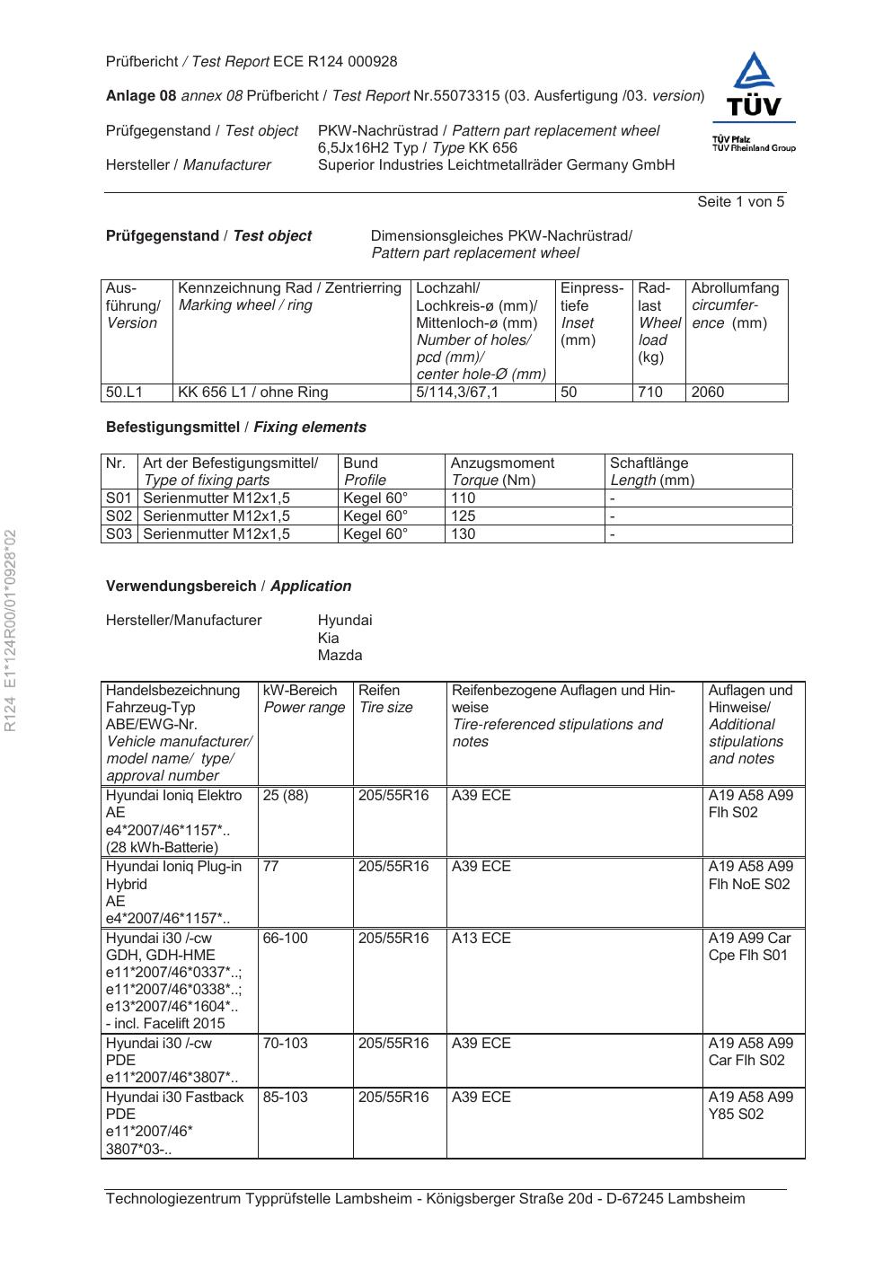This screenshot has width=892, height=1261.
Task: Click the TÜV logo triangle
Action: click(754, 72)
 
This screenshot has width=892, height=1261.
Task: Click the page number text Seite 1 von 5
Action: click(740, 202)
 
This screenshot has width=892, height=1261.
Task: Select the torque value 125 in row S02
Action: click(464, 516)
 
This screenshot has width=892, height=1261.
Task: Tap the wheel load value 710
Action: click(649, 392)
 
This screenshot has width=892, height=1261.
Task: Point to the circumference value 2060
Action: click(707, 392)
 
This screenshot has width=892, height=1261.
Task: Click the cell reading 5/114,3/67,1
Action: click(457, 392)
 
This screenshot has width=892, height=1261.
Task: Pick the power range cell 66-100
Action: click(286, 939)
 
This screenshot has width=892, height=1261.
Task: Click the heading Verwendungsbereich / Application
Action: click(228, 586)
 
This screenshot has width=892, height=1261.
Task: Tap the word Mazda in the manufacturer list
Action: click(340, 656)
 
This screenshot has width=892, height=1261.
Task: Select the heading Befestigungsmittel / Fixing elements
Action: click(236, 428)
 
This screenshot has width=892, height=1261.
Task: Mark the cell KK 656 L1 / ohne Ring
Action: click(253, 392)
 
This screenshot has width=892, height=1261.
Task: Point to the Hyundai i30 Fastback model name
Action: click(175, 1098)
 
